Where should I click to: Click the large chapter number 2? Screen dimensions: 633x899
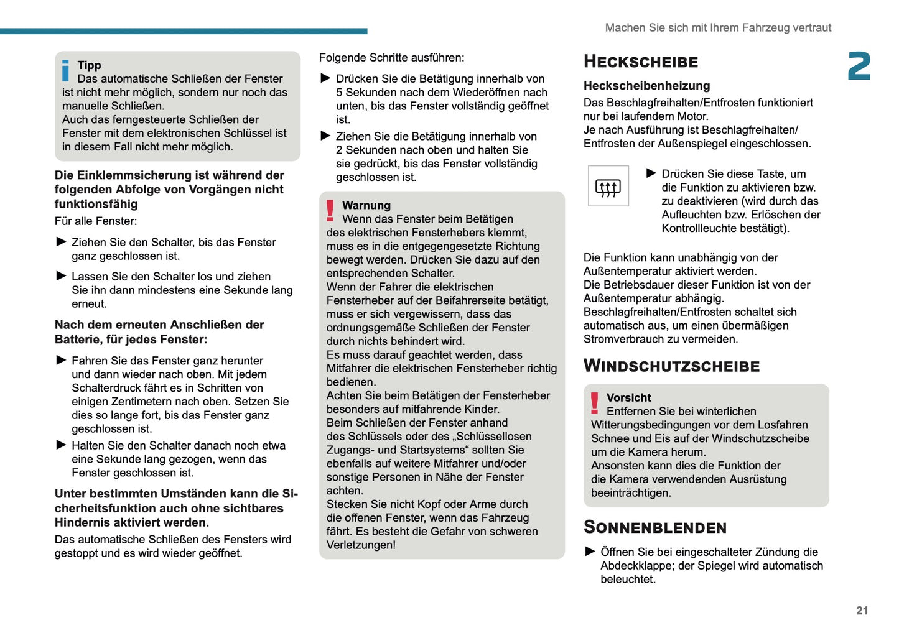pos(859,67)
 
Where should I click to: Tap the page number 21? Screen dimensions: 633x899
pos(862,611)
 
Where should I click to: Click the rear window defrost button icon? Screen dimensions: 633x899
pos(608,186)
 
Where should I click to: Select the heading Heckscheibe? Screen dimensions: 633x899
pos(640,62)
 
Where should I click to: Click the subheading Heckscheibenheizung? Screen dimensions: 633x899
pos(646,86)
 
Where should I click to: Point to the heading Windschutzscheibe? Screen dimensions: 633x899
pos(671,366)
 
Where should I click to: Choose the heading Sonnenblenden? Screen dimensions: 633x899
pos(654,527)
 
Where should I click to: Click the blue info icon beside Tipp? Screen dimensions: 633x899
pos(66,70)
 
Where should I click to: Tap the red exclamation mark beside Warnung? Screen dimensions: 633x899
pos(330,211)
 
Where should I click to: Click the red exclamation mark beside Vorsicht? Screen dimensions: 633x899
pos(595,403)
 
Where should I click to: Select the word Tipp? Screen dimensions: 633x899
pos(89,65)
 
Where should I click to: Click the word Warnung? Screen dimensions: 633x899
pos(366,205)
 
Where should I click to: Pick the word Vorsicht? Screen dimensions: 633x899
pos(628,397)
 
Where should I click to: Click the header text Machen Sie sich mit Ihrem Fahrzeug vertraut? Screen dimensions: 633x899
pos(718,28)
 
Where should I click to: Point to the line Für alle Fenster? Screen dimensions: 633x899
pos(96,221)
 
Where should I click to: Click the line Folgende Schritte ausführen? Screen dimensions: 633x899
pos(391,58)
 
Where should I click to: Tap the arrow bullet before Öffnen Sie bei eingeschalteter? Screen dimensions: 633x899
pos(590,552)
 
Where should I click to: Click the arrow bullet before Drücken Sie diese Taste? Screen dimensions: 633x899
pos(651,173)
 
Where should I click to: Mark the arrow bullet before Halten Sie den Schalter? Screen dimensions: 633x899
pos(61,445)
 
